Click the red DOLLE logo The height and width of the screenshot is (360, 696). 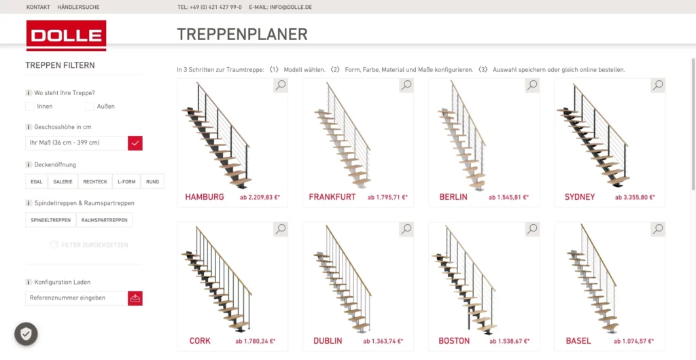point(66,35)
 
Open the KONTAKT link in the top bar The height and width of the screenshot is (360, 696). point(38,7)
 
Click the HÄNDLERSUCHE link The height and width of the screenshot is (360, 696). point(78,7)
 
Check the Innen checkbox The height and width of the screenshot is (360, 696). point(30,107)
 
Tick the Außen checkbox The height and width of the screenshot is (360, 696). point(89,107)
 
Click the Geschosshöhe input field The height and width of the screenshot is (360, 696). point(76,143)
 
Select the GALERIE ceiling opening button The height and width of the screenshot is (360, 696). point(63,182)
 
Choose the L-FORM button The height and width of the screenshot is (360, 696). point(126,182)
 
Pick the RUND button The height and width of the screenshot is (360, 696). point(153,182)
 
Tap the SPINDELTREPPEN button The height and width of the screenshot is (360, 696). point(50,220)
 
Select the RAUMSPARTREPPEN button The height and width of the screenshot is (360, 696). point(104,220)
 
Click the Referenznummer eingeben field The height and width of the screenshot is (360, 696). point(76,298)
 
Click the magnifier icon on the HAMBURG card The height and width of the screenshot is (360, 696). point(281,85)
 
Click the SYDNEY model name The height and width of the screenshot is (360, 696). point(580,197)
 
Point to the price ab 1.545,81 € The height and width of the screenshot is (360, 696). point(508,198)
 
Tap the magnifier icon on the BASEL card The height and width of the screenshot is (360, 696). point(658,229)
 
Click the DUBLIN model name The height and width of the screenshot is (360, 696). point(328,342)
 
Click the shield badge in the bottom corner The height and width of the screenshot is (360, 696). point(27,334)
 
